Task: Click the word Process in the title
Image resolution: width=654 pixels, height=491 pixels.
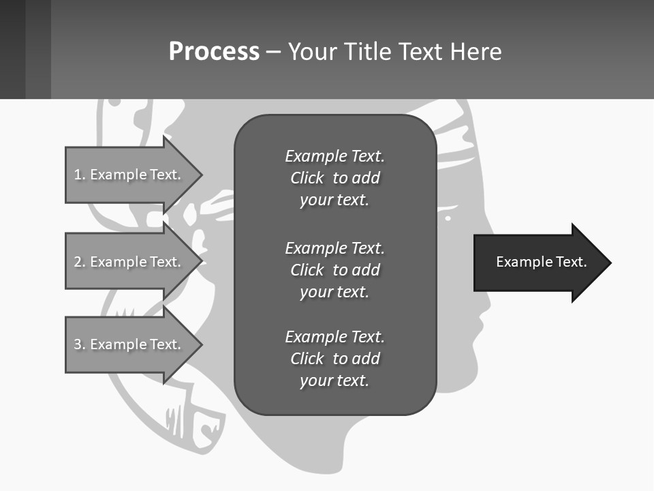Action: (x=214, y=52)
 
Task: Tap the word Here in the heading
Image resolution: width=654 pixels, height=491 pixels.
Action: (x=476, y=52)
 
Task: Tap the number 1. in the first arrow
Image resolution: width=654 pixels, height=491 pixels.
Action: (x=80, y=175)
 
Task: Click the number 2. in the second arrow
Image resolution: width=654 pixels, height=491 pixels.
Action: (x=80, y=262)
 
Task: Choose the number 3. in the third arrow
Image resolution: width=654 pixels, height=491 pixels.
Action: (x=80, y=344)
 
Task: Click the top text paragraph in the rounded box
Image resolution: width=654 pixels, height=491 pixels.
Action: (x=334, y=178)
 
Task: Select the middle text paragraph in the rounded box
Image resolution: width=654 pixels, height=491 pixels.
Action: (x=334, y=269)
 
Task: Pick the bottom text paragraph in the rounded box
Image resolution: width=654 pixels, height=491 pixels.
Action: (x=334, y=359)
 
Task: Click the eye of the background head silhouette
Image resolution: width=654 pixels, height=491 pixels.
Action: (x=448, y=218)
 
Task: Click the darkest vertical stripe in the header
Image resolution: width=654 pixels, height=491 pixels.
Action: (x=12, y=49)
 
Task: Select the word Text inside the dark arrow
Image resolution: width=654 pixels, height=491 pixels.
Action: (x=571, y=262)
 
